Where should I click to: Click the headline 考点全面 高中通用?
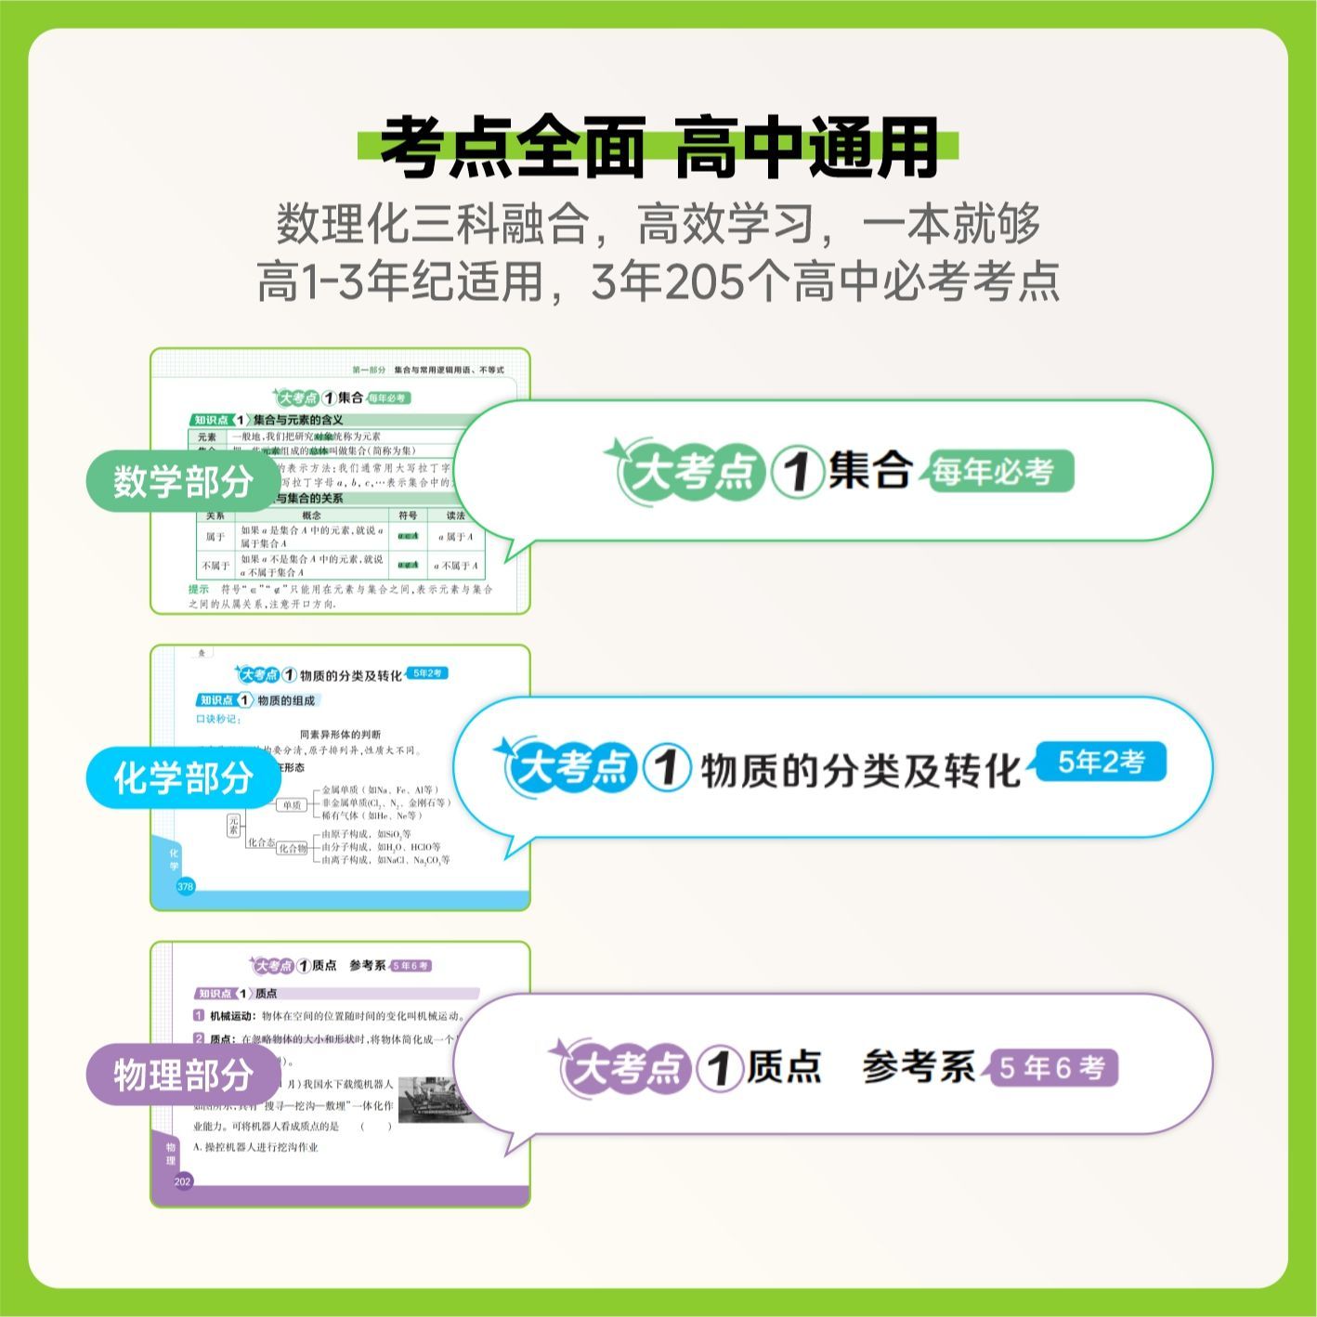pyautogui.click(x=658, y=149)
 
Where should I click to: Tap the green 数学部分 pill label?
pyautogui.click(x=183, y=481)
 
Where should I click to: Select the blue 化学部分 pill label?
pyautogui.click(x=183, y=777)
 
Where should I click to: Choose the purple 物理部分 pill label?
pyautogui.click(x=183, y=1075)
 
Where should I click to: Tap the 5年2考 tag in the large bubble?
pyautogui.click(x=1101, y=763)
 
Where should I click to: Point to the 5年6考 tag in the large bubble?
pyautogui.click(x=1052, y=1068)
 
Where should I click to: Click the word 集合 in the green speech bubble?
pyautogui.click(x=869, y=470)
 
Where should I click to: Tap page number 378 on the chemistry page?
pyautogui.click(x=185, y=886)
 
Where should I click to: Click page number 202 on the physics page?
pyautogui.click(x=183, y=1181)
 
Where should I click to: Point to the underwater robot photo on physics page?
pyautogui.click(x=436, y=1100)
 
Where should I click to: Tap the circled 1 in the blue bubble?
pyautogui.click(x=667, y=768)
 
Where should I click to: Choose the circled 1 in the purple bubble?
pyautogui.click(x=719, y=1067)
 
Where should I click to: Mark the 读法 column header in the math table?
pyautogui.click(x=455, y=515)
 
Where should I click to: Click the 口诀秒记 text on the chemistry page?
pyautogui.click(x=218, y=719)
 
